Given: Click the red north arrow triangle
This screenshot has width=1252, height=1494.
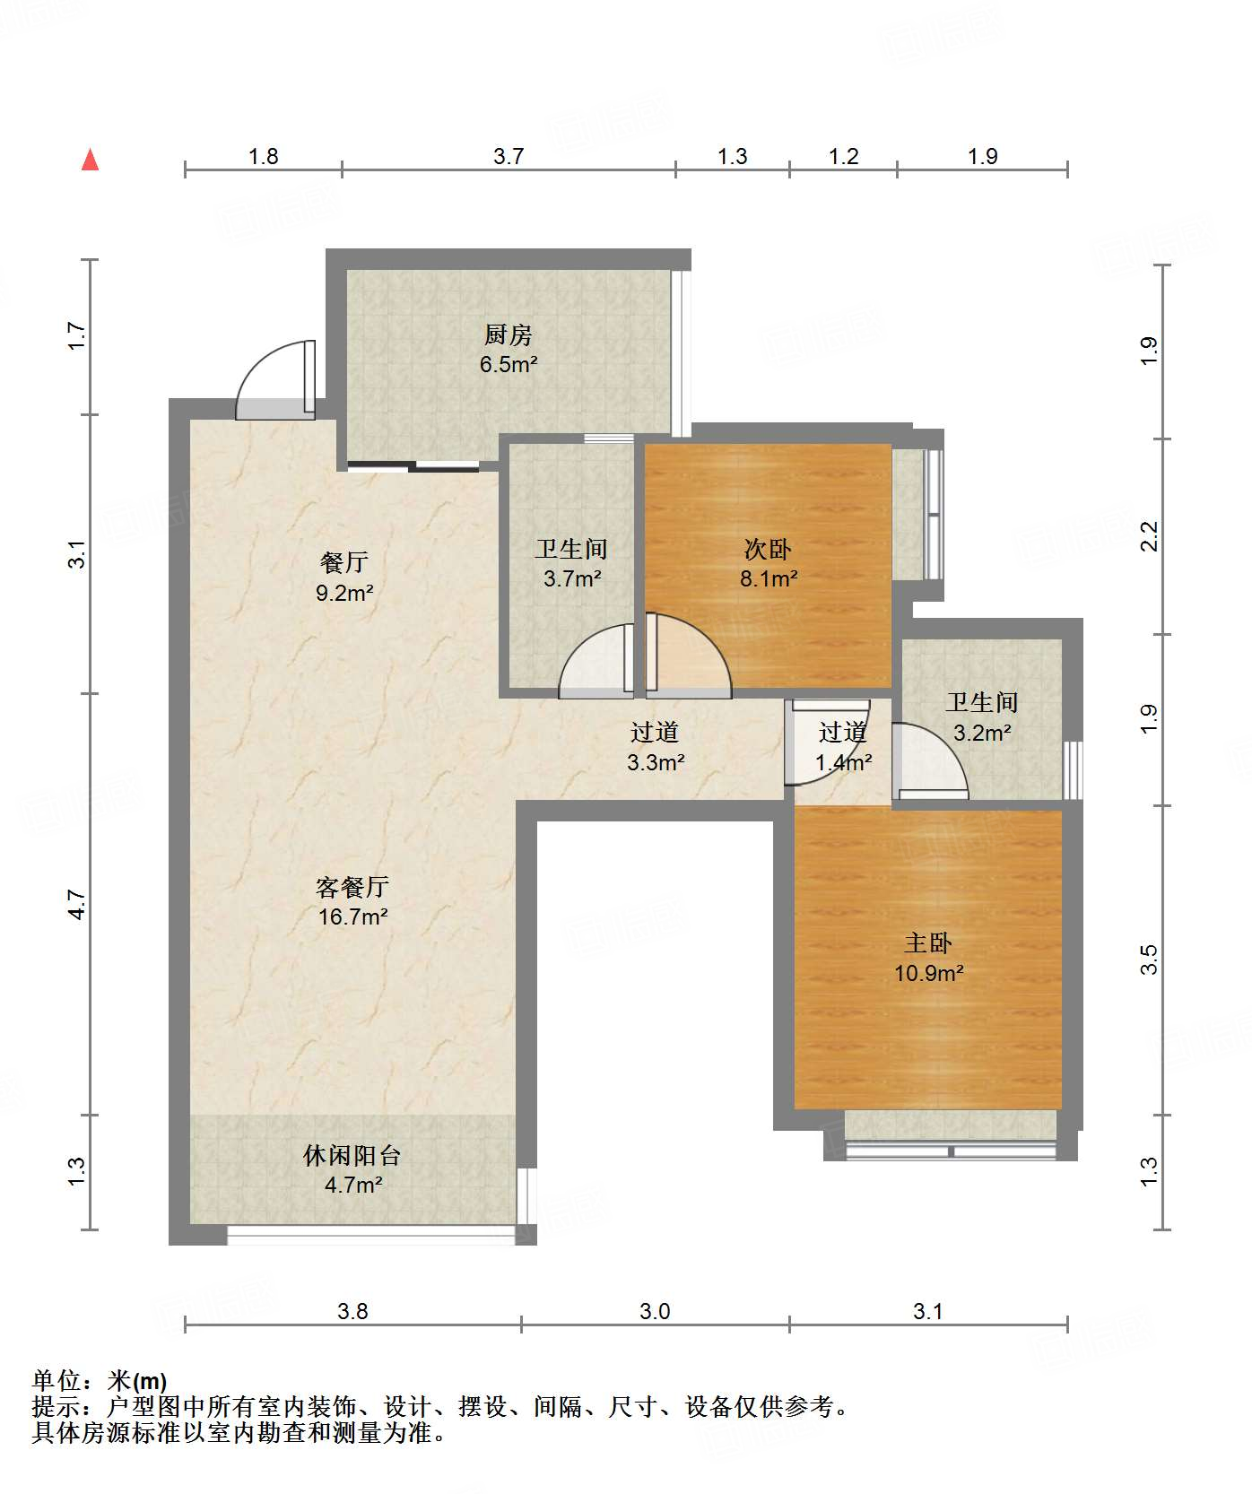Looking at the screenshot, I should tap(90, 160).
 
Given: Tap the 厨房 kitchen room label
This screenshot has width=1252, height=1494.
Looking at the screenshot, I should tap(509, 334).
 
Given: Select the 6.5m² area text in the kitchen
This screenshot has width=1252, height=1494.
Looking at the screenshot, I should tap(509, 364).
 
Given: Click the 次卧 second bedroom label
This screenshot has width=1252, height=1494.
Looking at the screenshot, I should tap(768, 548).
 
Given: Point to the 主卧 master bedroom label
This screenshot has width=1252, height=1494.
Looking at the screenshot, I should tap(928, 942).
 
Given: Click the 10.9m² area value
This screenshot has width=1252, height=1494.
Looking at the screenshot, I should tap(928, 972).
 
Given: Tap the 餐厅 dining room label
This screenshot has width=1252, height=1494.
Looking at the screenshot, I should tap(344, 562).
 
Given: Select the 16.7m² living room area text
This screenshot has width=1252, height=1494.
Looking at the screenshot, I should tap(352, 916).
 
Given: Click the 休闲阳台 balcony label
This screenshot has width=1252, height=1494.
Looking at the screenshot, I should tap(352, 1155).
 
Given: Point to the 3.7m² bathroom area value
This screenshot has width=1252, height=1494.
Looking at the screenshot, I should tap(572, 578).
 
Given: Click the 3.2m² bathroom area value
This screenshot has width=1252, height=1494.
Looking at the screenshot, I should tap(982, 733).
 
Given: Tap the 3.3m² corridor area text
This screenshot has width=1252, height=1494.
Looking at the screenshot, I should tap(655, 762).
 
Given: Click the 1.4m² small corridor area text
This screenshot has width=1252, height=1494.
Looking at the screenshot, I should tap(843, 763).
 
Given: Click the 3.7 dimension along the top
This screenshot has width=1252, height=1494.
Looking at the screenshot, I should tap(509, 156).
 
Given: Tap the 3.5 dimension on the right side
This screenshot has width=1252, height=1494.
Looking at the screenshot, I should tap(1149, 960).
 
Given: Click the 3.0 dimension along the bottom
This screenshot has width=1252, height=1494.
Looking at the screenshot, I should tap(655, 1311).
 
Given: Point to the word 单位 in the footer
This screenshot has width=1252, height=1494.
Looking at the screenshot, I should tap(56, 1381).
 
